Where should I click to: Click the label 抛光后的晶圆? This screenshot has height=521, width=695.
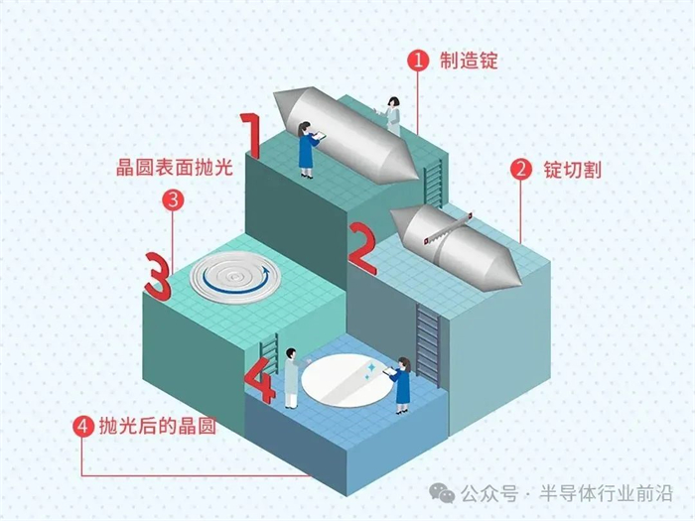(157, 427)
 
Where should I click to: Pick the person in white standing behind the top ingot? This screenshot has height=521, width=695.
(393, 116)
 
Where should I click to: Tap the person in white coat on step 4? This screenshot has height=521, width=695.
(291, 378)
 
